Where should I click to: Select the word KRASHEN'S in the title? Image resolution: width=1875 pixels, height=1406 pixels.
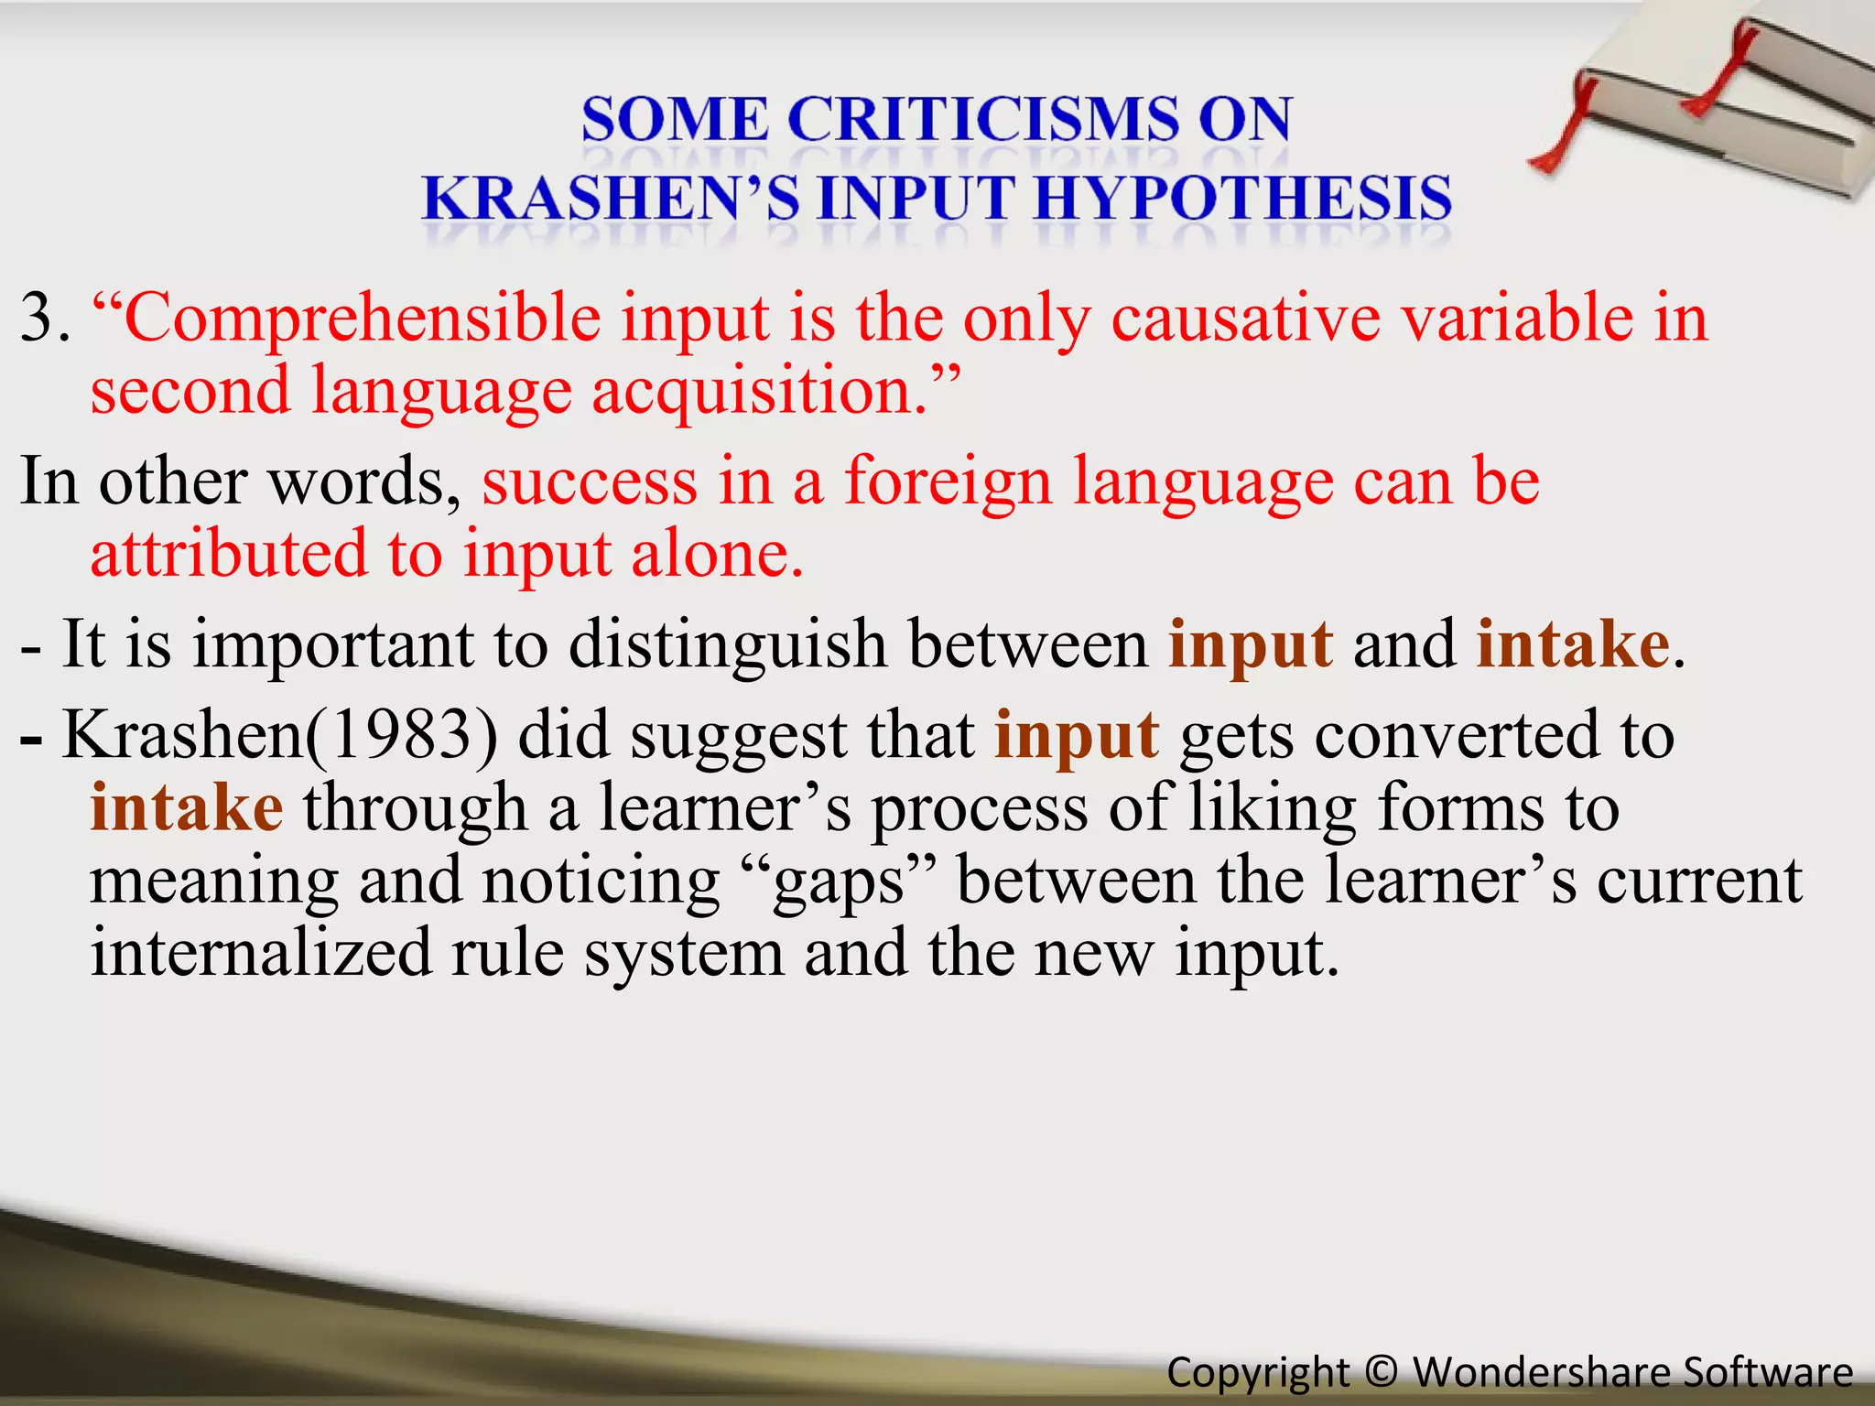click(x=611, y=199)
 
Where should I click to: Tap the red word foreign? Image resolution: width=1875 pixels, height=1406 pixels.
click(x=947, y=481)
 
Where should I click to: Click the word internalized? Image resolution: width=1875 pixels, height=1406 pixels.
click(x=260, y=953)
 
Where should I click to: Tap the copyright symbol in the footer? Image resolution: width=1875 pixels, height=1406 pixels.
click(x=1381, y=1372)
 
